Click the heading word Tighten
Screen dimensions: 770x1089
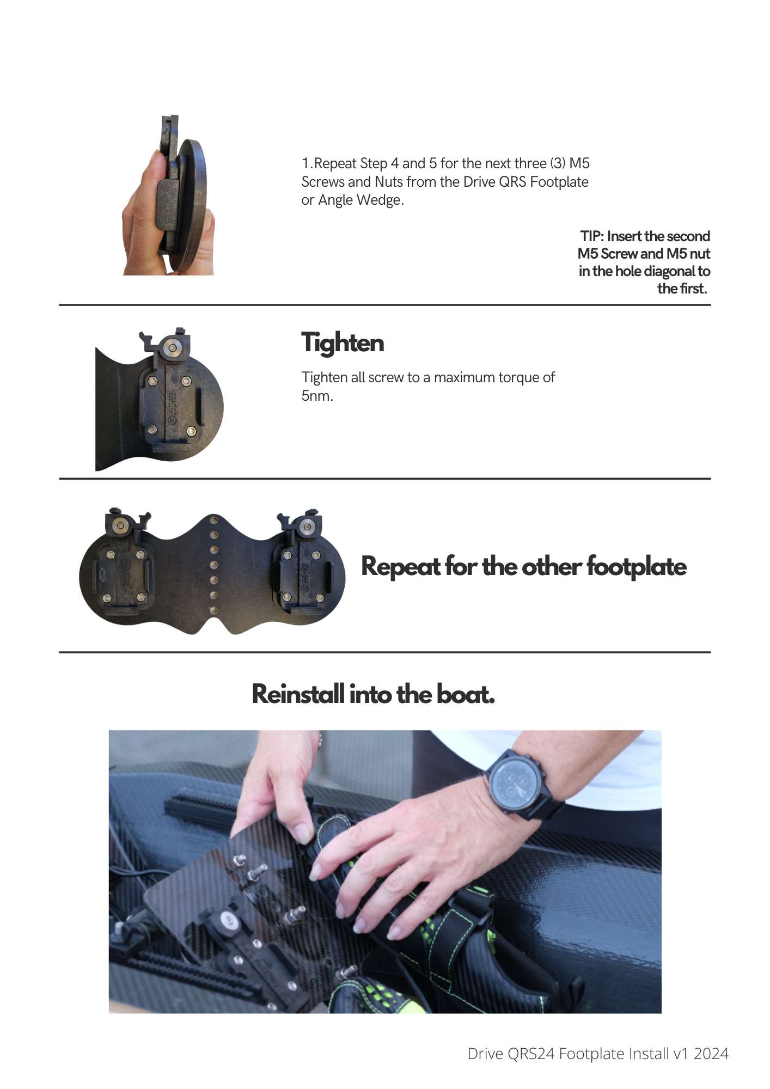(x=343, y=344)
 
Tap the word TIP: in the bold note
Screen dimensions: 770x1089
(x=592, y=236)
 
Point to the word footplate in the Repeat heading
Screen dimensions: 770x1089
(x=637, y=566)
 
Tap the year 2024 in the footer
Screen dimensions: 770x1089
(x=711, y=1054)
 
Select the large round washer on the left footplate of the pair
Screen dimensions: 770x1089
(x=120, y=525)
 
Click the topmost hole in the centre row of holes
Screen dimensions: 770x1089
(x=214, y=520)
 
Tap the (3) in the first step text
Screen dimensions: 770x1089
(x=558, y=163)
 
